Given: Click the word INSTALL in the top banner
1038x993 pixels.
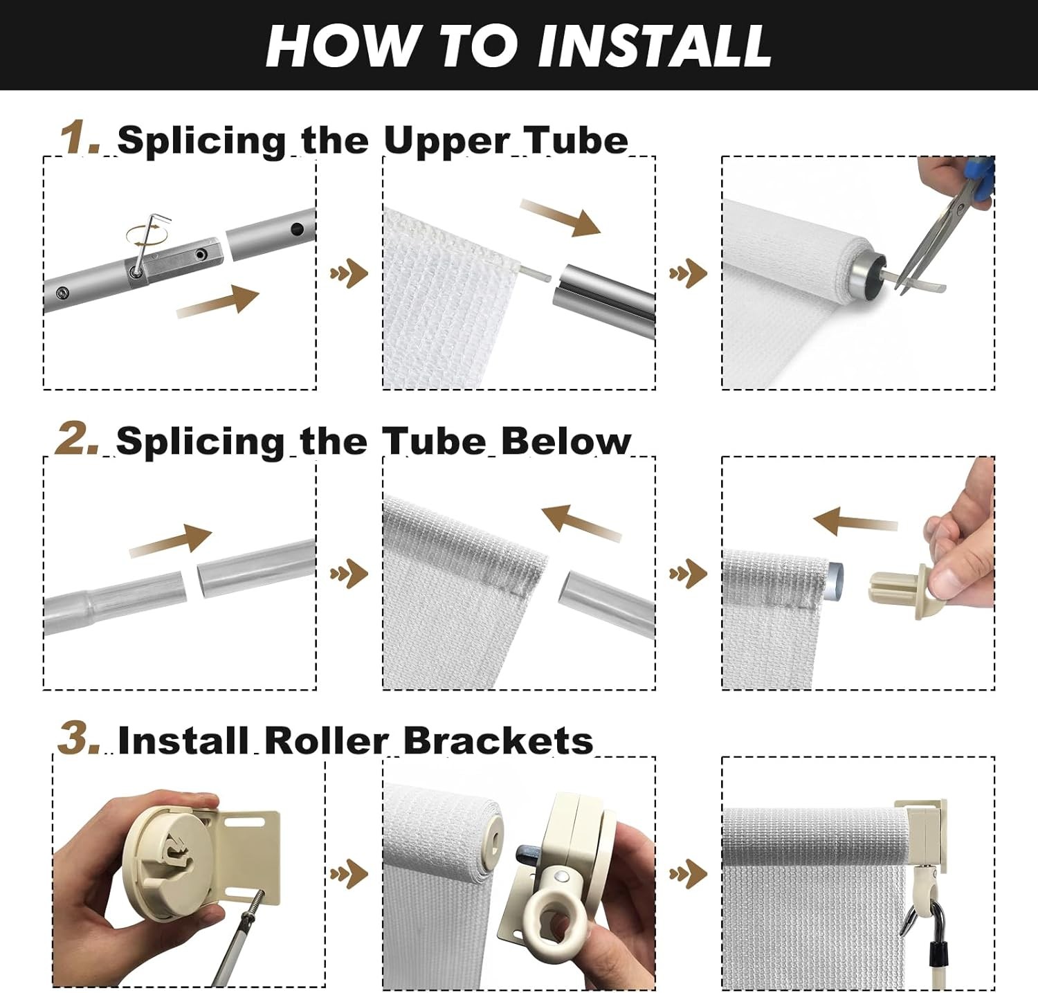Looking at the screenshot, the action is [x=654, y=46].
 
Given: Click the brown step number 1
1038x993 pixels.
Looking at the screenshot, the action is [x=80, y=138].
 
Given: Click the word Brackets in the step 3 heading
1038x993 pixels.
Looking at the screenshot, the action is [x=498, y=740].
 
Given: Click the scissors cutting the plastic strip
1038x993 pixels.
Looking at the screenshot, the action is [x=948, y=221].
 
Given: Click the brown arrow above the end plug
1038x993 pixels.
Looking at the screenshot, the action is [x=855, y=522].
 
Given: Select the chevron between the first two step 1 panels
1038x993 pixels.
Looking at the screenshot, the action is [x=349, y=273].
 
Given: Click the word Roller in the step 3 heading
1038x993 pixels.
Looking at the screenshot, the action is [x=325, y=740].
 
